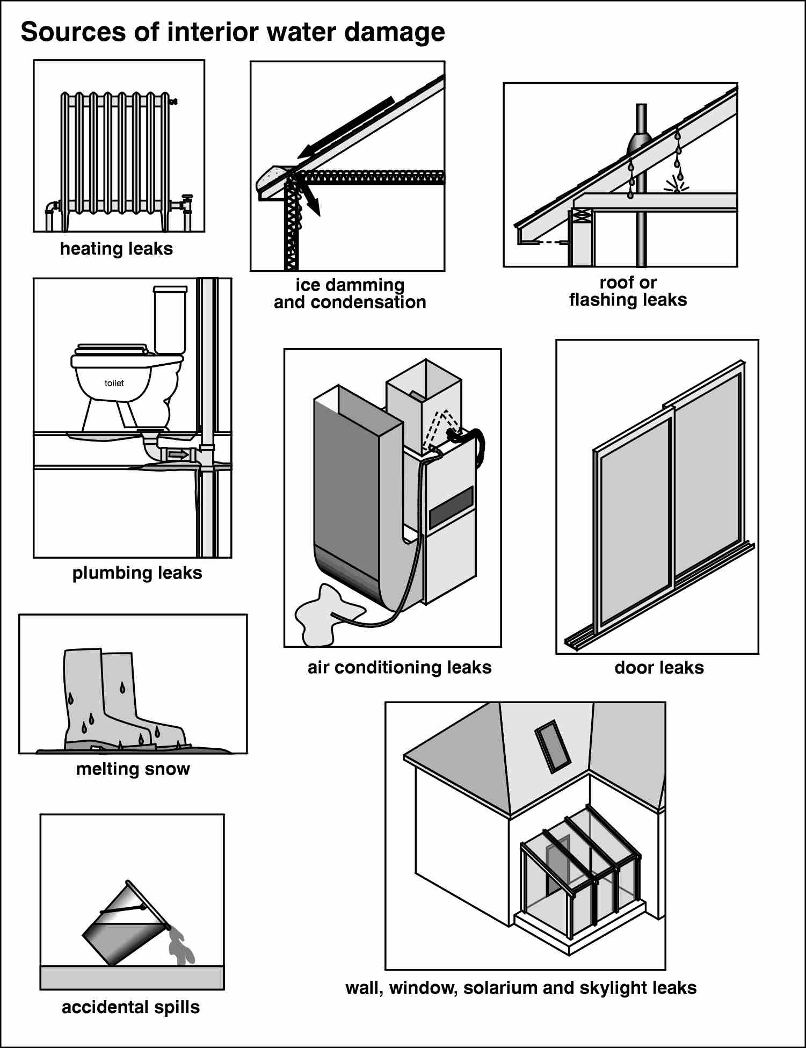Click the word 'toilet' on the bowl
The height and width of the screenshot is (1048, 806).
pos(114,383)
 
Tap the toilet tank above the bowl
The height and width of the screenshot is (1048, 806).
pos(170,320)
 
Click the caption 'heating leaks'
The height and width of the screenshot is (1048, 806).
pos(117,249)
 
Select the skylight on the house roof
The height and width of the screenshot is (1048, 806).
pos(553,746)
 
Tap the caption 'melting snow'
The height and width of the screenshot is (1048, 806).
pos(133,769)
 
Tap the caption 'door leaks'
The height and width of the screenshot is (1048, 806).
pos(659,668)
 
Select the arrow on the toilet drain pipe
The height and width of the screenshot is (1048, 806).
pos(178,455)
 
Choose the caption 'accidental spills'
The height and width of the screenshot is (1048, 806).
pos(130,1007)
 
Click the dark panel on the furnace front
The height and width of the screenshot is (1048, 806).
pos(451,507)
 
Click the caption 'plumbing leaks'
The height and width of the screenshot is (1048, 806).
pos(137,573)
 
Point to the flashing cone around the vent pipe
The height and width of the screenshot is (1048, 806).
pos(640,144)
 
